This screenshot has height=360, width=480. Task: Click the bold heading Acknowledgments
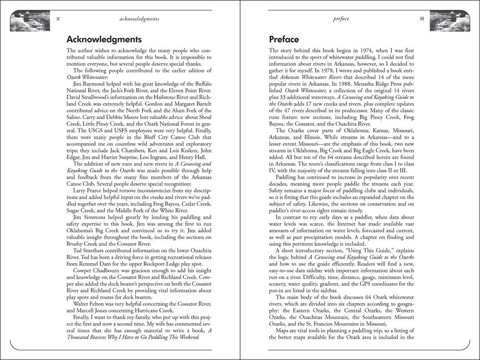pos(104,39)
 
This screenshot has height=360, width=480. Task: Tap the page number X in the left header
pos(58,19)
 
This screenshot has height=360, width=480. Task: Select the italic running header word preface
pos(340,19)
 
